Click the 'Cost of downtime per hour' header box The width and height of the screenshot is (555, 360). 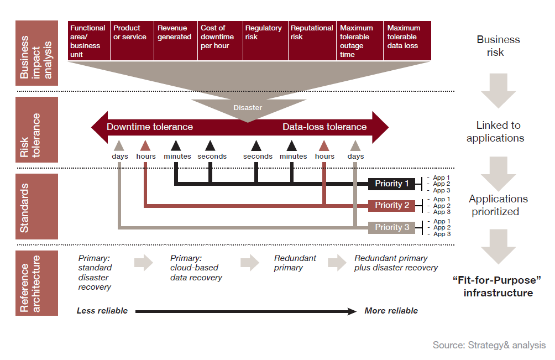pyautogui.click(x=219, y=40)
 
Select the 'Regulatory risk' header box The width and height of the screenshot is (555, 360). pyautogui.click(x=264, y=40)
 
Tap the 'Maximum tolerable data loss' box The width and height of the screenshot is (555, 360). pyautogui.click(x=407, y=40)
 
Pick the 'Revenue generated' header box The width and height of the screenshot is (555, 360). pyautogui.click(x=175, y=40)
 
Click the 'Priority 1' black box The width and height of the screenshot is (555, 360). pyautogui.click(x=391, y=184)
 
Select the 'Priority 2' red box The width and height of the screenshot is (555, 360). pyautogui.click(x=391, y=206)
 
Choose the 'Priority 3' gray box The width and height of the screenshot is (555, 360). pyautogui.click(x=391, y=227)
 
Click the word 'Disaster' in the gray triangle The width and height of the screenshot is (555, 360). pyautogui.click(x=247, y=108)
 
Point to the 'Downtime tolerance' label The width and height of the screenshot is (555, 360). pyautogui.click(x=150, y=127)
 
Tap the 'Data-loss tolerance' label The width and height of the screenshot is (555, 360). pyautogui.click(x=324, y=127)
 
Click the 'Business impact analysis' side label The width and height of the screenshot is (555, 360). pyautogui.click(x=36, y=53)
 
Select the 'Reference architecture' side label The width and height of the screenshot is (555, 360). pyautogui.click(x=36, y=283)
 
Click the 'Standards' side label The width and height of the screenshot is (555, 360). pyautogui.click(x=36, y=206)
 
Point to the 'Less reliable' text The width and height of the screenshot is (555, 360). pyautogui.click(x=102, y=311)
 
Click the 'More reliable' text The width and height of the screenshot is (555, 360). pyautogui.click(x=391, y=311)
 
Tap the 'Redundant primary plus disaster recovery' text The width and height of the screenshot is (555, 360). pyautogui.click(x=396, y=263)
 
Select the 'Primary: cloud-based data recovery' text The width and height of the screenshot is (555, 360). pyautogui.click(x=196, y=268)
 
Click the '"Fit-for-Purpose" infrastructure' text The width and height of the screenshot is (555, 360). pyautogui.click(x=498, y=286)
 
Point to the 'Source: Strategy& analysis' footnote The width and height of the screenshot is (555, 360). pyautogui.click(x=489, y=345)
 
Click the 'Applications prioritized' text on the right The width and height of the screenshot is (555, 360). pyautogui.click(x=498, y=205)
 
